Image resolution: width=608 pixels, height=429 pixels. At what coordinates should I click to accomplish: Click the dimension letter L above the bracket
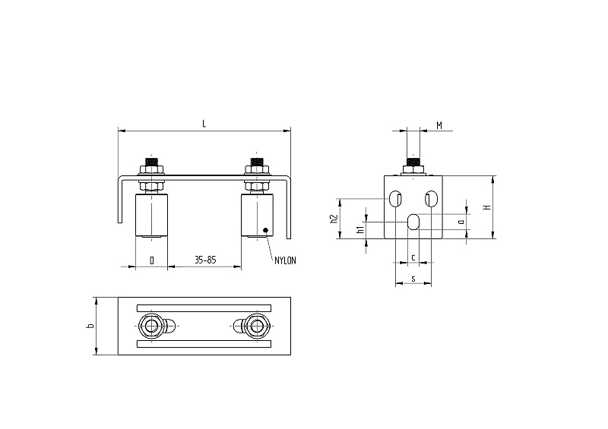[204, 124]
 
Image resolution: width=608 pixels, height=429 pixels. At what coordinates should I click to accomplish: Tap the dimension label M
[439, 125]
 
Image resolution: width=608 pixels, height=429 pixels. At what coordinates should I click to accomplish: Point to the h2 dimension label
[334, 219]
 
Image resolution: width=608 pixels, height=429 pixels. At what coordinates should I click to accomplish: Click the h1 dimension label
[360, 229]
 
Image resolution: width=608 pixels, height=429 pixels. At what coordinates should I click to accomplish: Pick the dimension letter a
[461, 222]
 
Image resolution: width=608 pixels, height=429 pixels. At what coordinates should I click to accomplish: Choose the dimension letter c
[413, 257]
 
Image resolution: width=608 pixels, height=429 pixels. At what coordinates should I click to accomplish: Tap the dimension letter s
[413, 279]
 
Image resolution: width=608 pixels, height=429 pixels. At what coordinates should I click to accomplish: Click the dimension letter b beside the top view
[90, 326]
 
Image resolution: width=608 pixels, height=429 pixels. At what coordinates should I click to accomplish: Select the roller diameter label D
[151, 260]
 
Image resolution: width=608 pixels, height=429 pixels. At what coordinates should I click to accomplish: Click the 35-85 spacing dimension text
[205, 260]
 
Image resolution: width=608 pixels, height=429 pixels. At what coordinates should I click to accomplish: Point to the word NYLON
[285, 260]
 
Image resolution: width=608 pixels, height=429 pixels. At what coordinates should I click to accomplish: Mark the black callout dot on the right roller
[265, 230]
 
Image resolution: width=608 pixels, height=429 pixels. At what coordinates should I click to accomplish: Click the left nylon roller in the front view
[151, 215]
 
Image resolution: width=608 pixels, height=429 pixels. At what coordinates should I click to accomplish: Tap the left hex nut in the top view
[150, 326]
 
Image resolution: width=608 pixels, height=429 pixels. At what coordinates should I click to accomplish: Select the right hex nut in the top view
[256, 326]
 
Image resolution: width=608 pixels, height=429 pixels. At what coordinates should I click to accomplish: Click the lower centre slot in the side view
[413, 222]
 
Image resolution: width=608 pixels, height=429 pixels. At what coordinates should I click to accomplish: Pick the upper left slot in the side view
[395, 199]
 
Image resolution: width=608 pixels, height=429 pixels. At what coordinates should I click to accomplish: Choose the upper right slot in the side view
[431, 199]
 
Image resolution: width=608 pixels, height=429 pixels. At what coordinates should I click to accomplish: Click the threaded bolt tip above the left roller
[151, 161]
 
